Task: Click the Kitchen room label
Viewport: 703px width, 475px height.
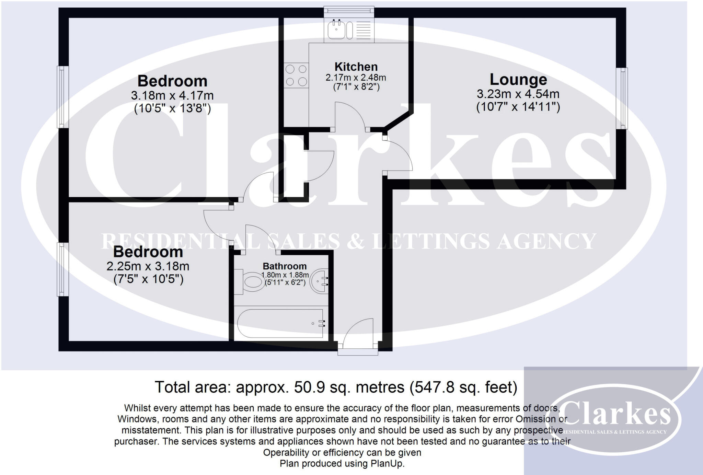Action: point(356,67)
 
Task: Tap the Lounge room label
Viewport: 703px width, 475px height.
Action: point(518,79)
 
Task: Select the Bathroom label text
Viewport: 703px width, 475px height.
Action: point(285,266)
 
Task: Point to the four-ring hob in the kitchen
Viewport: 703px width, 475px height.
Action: point(296,76)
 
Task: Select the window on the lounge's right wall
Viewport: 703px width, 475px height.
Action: point(622,98)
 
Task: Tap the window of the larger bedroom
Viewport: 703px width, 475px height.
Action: point(62,96)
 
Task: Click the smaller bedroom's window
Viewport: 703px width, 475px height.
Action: point(62,269)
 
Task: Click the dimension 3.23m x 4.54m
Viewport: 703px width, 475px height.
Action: point(518,94)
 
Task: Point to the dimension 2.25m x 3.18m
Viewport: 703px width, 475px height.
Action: point(148,266)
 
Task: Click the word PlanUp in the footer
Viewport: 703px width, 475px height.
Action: point(387,464)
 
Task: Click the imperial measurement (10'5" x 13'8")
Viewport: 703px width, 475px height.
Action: point(172,108)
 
